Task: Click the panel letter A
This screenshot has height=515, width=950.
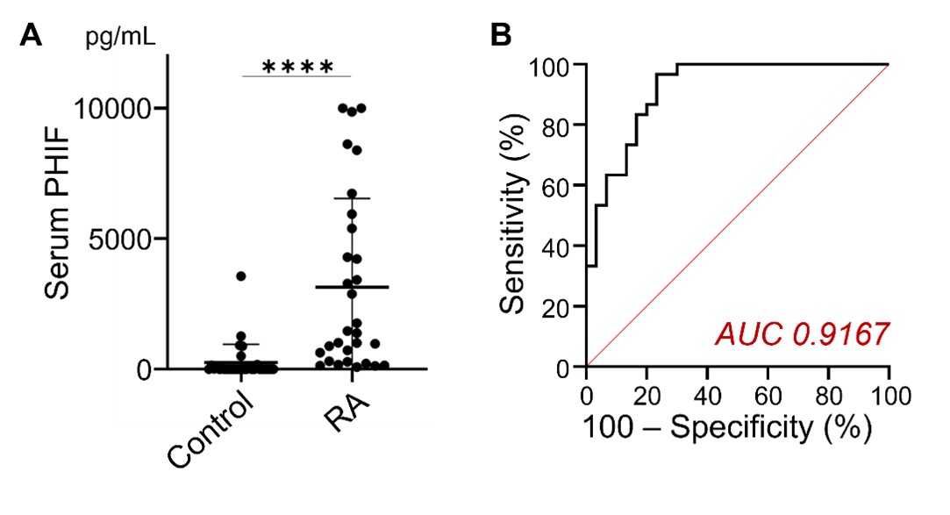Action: tap(32, 35)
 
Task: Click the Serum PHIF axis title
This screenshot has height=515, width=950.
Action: tap(57, 217)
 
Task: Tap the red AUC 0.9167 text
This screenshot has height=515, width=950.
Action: tap(802, 333)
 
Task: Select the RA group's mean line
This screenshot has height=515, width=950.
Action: tap(353, 287)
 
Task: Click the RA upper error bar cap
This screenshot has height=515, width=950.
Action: tap(353, 199)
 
